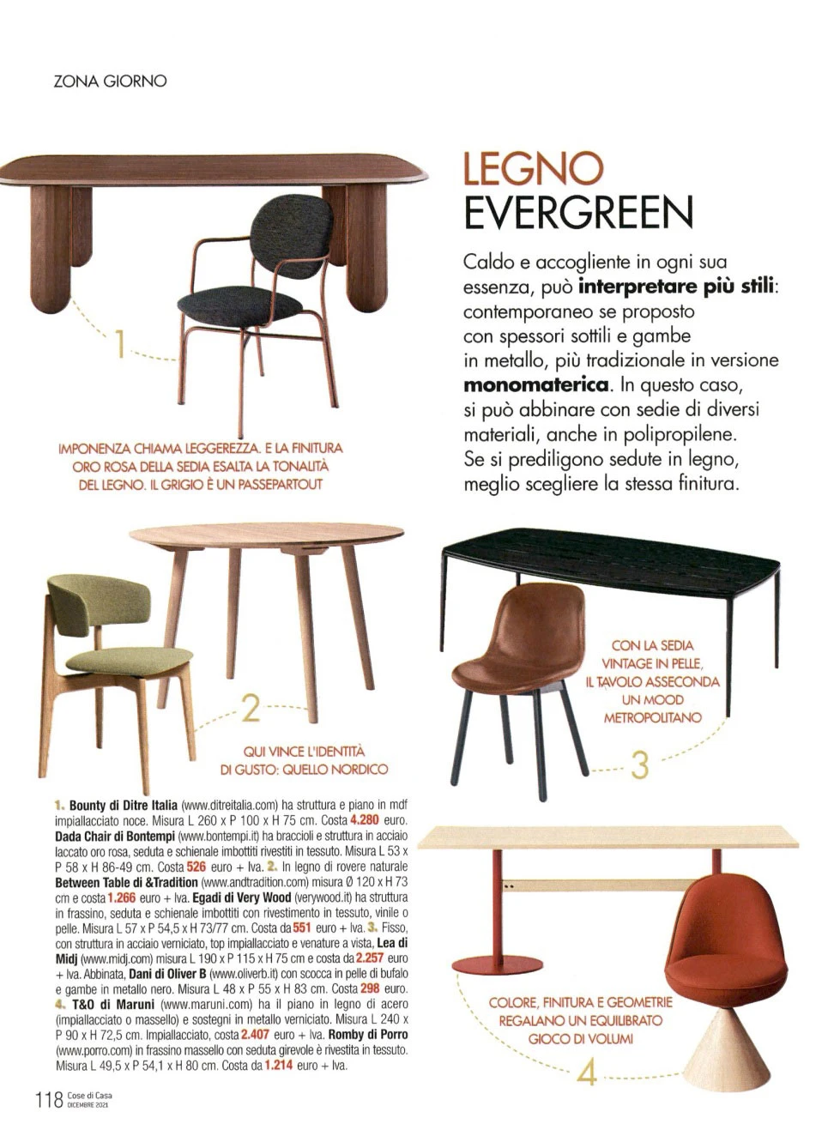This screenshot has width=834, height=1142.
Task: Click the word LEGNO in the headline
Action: tap(532, 169)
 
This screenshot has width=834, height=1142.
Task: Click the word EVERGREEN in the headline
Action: tap(577, 212)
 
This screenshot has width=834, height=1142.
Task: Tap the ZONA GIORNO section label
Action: tap(110, 82)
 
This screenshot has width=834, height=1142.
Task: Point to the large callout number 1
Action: tap(122, 346)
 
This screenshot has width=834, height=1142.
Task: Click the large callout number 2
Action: tap(251, 709)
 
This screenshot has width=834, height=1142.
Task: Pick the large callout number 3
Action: tap(639, 764)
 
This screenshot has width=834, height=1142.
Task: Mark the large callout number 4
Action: tap(587, 1073)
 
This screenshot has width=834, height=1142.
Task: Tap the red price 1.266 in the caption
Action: tap(124, 897)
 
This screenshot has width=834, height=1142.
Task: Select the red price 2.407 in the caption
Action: tap(255, 1035)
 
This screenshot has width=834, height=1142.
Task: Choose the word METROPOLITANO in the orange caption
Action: tap(652, 717)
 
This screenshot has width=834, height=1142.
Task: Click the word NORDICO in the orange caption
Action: tap(354, 769)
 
